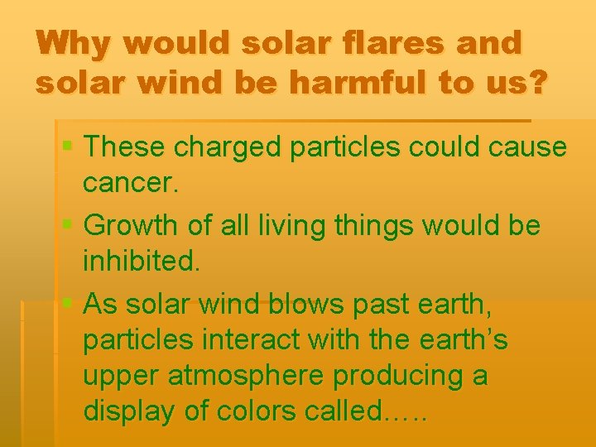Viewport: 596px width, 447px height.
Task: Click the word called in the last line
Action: (340, 411)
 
